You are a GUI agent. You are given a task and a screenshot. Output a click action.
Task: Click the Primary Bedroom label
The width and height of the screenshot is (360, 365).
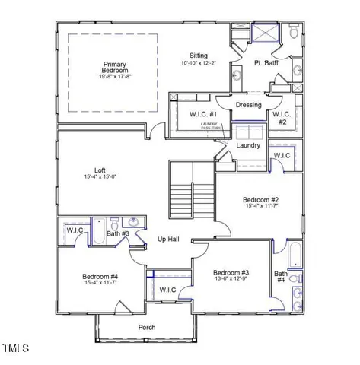tap(115, 67)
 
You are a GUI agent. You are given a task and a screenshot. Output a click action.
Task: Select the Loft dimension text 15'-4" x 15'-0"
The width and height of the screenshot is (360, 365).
tap(99, 177)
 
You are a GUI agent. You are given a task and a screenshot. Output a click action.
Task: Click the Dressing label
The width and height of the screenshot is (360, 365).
tap(248, 105)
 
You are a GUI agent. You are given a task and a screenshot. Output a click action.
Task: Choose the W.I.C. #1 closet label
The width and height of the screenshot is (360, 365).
tap(204, 115)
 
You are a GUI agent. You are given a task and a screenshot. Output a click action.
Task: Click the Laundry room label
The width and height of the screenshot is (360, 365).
tap(248, 145)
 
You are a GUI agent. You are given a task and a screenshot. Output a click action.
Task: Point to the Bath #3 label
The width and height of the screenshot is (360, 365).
tap(118, 234)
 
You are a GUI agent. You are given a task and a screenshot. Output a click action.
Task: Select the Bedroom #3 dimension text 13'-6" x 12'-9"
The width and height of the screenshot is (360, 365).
tap(231, 279)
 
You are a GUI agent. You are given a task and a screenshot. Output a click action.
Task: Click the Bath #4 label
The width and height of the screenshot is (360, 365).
tap(281, 277)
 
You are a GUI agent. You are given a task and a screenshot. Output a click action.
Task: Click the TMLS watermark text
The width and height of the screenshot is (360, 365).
tap(15, 349)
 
